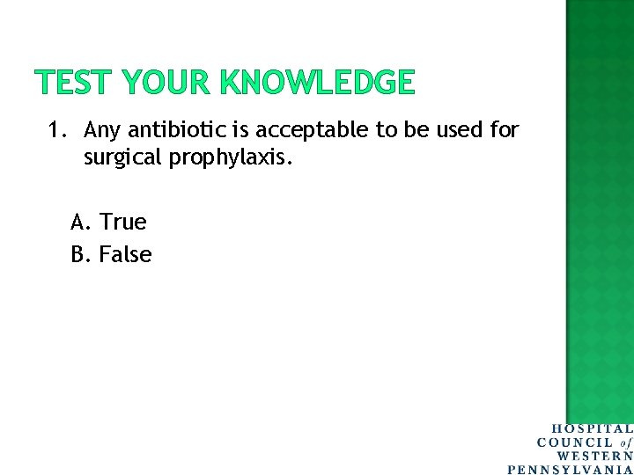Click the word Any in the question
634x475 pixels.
[103, 131]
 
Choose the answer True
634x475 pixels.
[122, 222]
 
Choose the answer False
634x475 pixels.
[125, 255]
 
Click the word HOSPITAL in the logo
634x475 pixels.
[592, 429]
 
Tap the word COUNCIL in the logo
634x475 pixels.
[575, 442]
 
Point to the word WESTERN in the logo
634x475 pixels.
[595, 456]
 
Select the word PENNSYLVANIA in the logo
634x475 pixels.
[571, 469]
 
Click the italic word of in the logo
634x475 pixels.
[626, 442]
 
